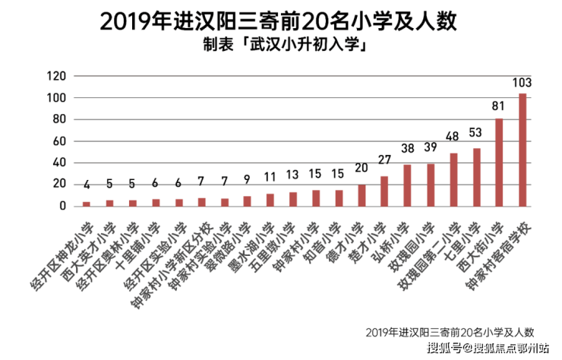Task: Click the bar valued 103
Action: coord(523,150)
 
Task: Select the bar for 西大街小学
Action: coord(499,162)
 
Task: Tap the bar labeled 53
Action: coord(476,177)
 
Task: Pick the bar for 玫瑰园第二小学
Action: coord(453,179)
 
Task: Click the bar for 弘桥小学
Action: coord(407,185)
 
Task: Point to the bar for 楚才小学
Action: coord(384,191)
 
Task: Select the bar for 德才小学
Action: coord(362,195)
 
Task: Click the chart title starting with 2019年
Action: coord(277,21)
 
